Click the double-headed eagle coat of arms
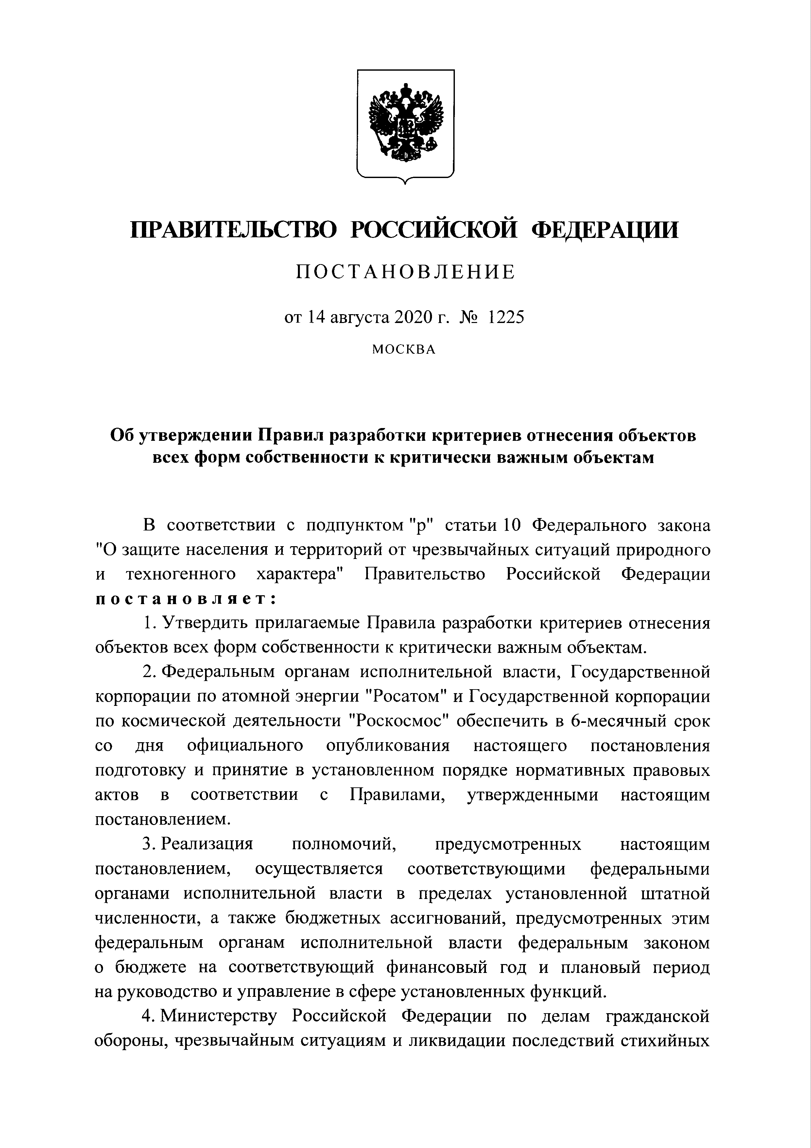coord(405,125)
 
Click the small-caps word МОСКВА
coord(404,350)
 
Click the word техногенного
coord(181,574)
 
